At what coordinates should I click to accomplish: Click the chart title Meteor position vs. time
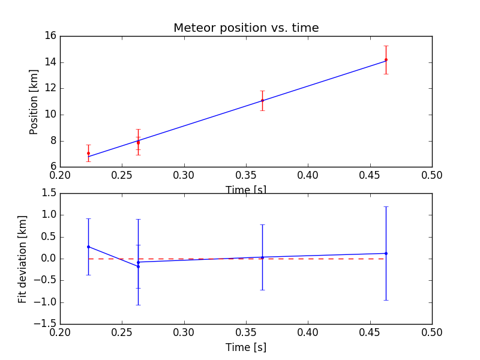(246, 28)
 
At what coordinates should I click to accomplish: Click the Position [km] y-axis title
(34, 102)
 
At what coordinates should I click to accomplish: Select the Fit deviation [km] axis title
(23, 259)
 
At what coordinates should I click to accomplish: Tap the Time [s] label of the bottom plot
(246, 347)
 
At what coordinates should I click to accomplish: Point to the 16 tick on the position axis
(50, 36)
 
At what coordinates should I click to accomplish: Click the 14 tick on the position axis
(50, 62)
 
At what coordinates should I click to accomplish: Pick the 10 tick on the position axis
(50, 115)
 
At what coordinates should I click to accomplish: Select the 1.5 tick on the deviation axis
(49, 193)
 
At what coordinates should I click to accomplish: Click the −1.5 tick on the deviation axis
(46, 324)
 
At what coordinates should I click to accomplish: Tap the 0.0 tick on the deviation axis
(49, 259)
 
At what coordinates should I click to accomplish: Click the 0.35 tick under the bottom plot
(246, 332)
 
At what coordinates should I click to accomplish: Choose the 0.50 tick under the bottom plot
(432, 332)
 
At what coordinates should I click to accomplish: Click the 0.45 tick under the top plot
(370, 175)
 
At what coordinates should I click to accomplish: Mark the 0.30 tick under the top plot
(184, 175)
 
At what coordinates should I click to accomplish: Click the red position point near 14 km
(386, 59)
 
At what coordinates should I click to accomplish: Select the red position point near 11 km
(262, 100)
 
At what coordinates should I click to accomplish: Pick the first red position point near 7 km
(88, 153)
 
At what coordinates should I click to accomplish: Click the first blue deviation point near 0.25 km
(88, 247)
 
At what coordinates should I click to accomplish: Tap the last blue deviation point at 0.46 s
(386, 253)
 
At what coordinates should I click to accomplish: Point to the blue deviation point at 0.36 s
(262, 257)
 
